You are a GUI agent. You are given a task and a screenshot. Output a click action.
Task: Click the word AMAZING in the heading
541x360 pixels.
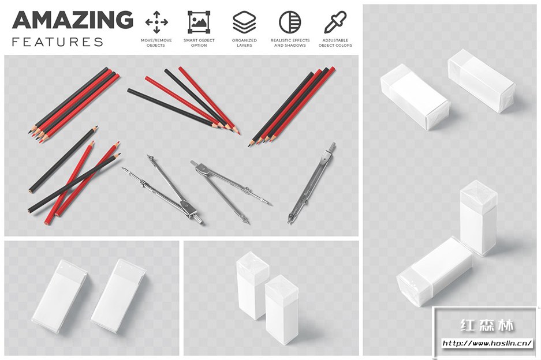pos(73,20)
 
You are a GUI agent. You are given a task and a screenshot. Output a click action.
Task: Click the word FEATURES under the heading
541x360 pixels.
pos(58,42)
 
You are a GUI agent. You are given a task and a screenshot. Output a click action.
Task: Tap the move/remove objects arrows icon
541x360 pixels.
pos(156,22)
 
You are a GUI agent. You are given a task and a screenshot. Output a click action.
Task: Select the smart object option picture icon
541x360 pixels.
pos(199,22)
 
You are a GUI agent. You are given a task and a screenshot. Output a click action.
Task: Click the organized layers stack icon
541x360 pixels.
pos(244,22)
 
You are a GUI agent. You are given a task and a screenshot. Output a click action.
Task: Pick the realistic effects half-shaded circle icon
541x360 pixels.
pos(290,22)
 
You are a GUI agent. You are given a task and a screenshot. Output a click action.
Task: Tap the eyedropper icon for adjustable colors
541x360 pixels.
pos(335,22)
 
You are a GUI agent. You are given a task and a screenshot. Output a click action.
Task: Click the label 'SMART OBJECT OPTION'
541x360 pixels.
pos(199,43)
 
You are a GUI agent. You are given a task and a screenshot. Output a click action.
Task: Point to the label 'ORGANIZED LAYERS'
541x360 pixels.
pos(244,43)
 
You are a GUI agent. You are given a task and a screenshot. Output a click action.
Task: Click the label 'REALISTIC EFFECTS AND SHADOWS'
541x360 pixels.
pos(290,43)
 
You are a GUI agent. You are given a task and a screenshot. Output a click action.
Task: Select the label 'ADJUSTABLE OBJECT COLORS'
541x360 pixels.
pos(335,43)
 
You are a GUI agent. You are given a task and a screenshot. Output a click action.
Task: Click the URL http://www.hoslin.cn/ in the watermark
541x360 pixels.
pos(487,343)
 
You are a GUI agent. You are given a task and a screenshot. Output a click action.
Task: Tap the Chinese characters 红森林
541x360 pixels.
pos(487,325)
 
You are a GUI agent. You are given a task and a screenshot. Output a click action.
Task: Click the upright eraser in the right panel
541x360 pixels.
pos(479,218)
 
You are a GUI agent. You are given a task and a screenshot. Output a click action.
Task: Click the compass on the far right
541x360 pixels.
pos(312,183)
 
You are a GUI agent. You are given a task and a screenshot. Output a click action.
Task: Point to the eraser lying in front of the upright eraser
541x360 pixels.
pos(434,271)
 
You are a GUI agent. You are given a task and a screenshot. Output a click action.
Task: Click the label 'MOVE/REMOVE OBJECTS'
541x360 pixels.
pos(156,43)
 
